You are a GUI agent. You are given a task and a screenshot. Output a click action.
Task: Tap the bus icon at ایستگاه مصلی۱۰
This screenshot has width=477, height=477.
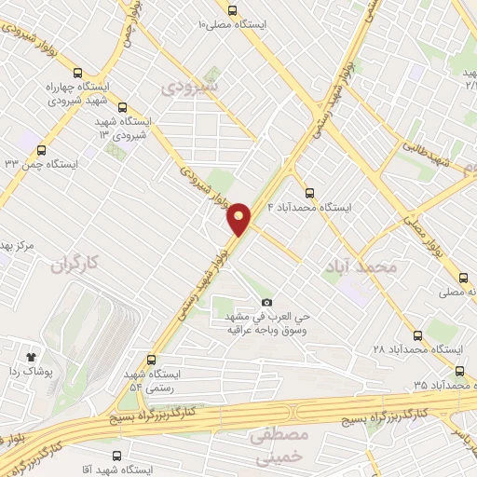click(x=231, y=9)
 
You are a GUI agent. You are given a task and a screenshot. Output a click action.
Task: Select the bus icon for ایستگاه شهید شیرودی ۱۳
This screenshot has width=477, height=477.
click(x=122, y=107)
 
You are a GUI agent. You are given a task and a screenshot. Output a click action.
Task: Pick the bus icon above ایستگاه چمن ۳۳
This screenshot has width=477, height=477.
click(x=39, y=149)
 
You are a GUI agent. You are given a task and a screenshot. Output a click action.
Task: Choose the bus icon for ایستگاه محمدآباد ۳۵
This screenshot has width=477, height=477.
click(x=457, y=371)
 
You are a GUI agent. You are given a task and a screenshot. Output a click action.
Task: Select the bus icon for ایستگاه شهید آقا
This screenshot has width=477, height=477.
click(x=116, y=457)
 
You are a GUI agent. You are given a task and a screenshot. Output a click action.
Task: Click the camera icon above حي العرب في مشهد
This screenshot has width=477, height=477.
click(x=266, y=303)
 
